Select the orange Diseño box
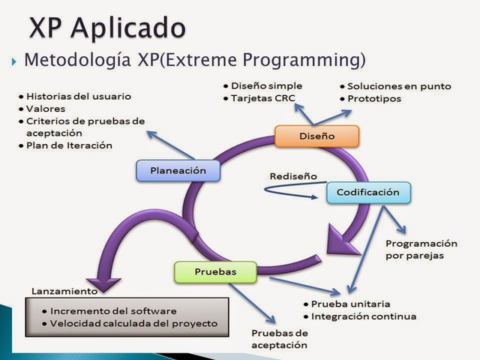coord(316,136)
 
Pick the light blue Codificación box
coord(368,192)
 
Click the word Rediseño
coord(293,176)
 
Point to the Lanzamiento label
coord(64,290)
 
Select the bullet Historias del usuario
coord(78,97)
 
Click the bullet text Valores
coord(46,108)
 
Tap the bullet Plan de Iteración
coord(68,145)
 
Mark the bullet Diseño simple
coord(267,85)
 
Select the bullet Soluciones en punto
coord(399,86)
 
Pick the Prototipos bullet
coord(374,98)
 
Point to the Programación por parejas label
coord(421,249)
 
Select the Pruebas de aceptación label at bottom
coord(279,338)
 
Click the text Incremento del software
coord(115,310)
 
